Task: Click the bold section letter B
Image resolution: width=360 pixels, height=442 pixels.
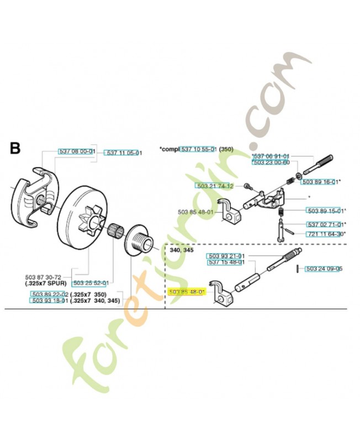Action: pos(15,149)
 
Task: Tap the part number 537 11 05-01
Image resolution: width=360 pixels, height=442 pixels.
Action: pos(124,152)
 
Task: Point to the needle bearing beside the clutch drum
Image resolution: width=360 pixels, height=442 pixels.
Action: pos(116,228)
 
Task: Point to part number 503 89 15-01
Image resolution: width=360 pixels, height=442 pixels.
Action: pos(326,211)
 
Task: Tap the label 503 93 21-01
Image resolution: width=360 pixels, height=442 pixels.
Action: pos(225,256)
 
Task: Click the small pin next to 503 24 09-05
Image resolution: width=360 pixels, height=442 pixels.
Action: pos(298,269)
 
